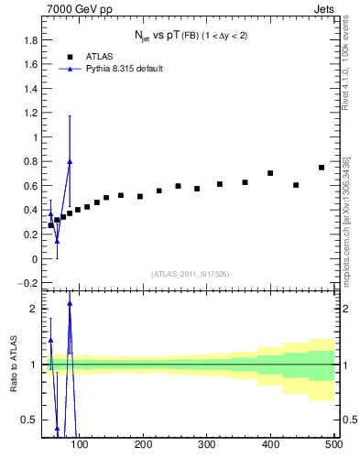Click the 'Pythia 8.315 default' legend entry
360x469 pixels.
(x=123, y=68)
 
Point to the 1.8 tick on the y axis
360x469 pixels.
(x=31, y=40)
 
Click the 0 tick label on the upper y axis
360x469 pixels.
(x=34, y=259)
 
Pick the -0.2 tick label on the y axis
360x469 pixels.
(x=29, y=283)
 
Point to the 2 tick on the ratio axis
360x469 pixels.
(x=33, y=309)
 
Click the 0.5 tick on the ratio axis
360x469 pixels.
(x=29, y=420)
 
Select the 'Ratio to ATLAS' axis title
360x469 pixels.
(x=12, y=364)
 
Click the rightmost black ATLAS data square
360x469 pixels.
(x=322, y=168)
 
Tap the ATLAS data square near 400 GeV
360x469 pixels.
(x=270, y=173)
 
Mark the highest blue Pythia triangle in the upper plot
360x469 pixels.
(x=70, y=161)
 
